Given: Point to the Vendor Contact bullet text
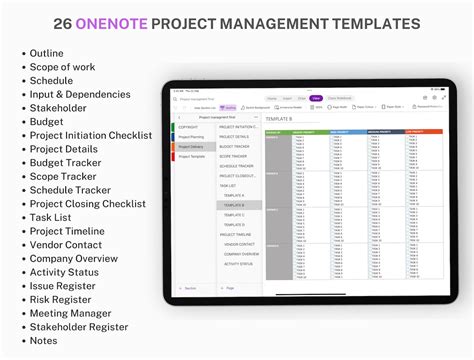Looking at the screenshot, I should tap(66, 245).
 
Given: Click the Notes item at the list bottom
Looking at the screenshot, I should tap(45, 340).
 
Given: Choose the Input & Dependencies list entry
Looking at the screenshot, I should tap(80, 95).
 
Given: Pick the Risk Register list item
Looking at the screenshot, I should tap(63, 299).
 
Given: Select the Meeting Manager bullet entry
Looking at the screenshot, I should tap(70, 313).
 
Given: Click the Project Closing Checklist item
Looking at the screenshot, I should tap(87, 204).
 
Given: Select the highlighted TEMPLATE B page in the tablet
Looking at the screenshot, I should tap(237, 205).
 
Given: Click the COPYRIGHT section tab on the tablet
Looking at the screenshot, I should tap(189, 127).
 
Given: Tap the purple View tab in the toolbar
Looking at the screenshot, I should tap(315, 98).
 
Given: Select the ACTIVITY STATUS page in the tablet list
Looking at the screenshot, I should tap(238, 264).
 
